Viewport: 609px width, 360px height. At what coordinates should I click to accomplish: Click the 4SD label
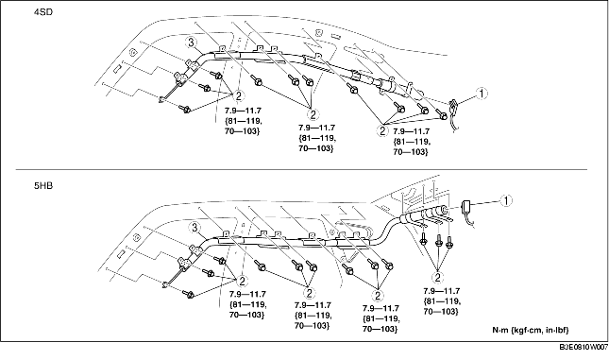[43, 12]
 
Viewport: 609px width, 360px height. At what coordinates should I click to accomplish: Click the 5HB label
[43, 186]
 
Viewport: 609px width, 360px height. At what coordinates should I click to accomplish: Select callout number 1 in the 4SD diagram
[482, 94]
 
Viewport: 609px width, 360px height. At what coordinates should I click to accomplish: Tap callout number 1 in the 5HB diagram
[506, 200]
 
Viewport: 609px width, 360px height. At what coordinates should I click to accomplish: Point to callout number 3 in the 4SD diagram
[191, 43]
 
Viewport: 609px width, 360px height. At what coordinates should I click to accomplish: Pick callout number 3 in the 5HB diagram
[195, 228]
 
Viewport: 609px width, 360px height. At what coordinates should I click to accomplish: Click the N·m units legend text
[531, 330]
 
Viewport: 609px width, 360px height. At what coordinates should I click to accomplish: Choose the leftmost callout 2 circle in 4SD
[239, 95]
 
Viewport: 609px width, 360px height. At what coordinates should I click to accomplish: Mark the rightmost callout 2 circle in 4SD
[382, 130]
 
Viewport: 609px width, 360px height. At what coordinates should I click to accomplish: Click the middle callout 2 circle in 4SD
[313, 114]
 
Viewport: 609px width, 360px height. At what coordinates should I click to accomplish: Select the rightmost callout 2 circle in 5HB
[438, 278]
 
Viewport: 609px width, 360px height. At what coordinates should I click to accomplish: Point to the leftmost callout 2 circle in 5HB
[243, 281]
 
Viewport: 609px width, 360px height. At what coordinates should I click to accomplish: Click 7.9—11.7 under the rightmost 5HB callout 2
[442, 291]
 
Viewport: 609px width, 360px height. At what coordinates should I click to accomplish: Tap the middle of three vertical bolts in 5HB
[438, 240]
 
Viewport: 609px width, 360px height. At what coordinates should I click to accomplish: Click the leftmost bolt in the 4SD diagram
[184, 109]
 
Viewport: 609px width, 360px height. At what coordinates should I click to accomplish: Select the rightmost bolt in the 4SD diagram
[442, 114]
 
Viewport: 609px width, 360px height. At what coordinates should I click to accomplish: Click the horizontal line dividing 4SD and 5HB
[301, 170]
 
